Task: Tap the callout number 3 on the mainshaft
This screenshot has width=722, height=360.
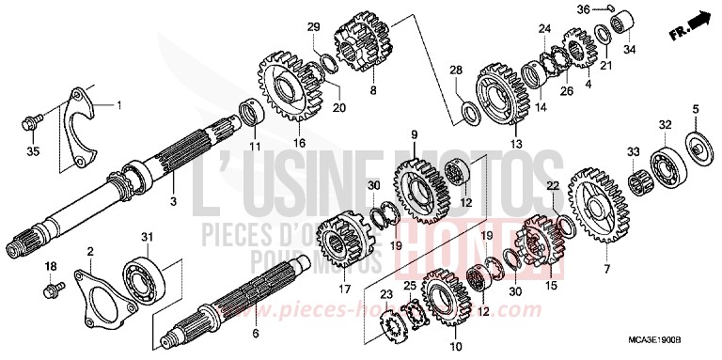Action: coord(172,200)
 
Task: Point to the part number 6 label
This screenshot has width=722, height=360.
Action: coord(256,333)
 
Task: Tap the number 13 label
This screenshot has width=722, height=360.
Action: coord(516,143)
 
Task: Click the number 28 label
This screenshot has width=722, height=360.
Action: coord(455,70)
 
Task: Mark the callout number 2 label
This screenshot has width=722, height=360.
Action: coord(89,250)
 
